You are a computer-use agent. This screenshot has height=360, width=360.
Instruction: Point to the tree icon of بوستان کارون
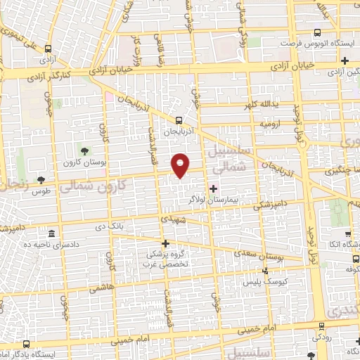[x=84, y=151]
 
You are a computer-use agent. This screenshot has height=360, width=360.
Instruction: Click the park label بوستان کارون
[x=84, y=163]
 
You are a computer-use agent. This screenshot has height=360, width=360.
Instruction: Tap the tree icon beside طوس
[x=41, y=181]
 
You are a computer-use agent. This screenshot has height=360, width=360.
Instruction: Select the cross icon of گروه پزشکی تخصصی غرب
[x=166, y=243]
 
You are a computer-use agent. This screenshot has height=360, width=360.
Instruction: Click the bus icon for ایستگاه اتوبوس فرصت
[x=317, y=32]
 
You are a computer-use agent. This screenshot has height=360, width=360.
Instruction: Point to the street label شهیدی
[x=173, y=219]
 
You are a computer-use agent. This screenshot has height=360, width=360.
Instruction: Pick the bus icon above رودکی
[x=321, y=326]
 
